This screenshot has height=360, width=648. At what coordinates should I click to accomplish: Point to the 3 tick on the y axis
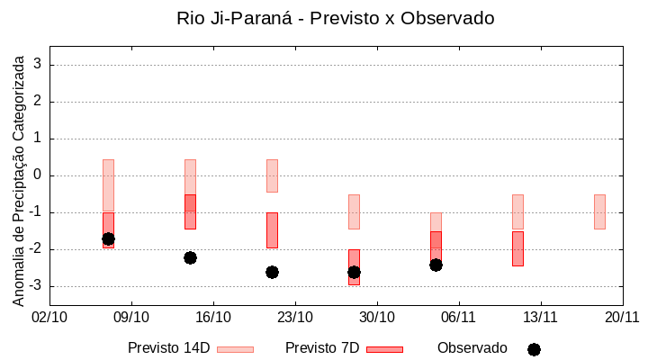[x=39, y=65]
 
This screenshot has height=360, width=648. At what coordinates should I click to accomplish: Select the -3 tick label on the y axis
[x=36, y=286]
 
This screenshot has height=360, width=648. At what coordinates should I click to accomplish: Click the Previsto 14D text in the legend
[x=168, y=348]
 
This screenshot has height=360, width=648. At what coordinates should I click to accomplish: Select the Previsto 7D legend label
[x=322, y=348]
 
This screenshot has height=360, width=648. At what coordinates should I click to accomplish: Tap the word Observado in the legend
[x=472, y=348]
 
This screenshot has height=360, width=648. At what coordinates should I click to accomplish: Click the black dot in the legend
[x=534, y=349]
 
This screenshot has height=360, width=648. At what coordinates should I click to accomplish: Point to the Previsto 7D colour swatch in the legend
[x=384, y=349]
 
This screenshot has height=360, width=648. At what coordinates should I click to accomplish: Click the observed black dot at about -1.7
[x=108, y=238]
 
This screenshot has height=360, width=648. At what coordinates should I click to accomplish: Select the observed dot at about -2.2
[x=190, y=257]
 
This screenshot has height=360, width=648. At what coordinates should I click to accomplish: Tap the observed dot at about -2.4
[x=436, y=265]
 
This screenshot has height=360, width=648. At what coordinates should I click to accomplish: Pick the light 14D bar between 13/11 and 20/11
[x=599, y=211]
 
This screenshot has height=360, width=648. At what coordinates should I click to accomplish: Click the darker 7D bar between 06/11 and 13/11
[x=517, y=248]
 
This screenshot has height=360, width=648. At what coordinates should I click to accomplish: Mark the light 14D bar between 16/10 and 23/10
[x=272, y=175]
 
